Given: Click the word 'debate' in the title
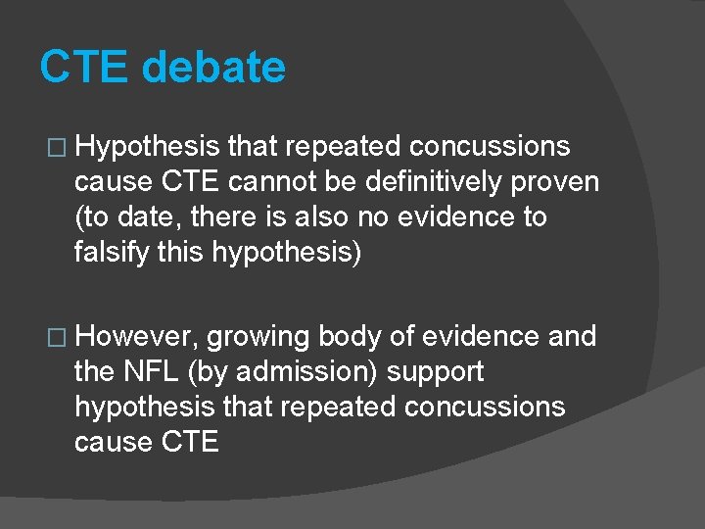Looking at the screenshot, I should pyautogui.click(x=213, y=68).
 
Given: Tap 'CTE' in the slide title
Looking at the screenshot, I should pyautogui.click(x=84, y=68).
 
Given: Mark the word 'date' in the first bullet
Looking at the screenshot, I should pyautogui.click(x=154, y=216).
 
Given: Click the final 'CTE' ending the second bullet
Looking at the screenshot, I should pyautogui.click(x=186, y=442).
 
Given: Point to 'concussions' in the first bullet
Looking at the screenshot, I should pyautogui.click(x=490, y=147).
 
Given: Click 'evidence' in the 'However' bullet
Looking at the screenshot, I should pyautogui.click(x=480, y=337).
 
